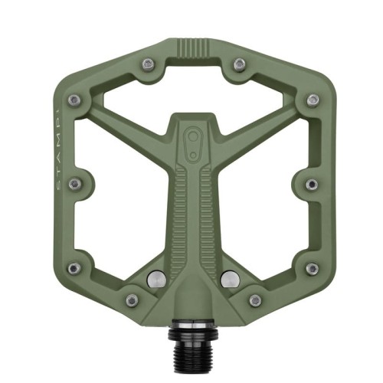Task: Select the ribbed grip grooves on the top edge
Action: tap(192, 46)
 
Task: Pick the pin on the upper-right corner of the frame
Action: tap(312, 100)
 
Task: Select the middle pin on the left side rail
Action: tap(74, 185)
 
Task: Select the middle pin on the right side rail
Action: tap(311, 185)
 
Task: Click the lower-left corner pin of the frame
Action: tap(74, 268)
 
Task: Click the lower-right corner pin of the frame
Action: tap(311, 268)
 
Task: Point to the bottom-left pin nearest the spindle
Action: tap(131, 300)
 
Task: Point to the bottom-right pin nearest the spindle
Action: tap(254, 300)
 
